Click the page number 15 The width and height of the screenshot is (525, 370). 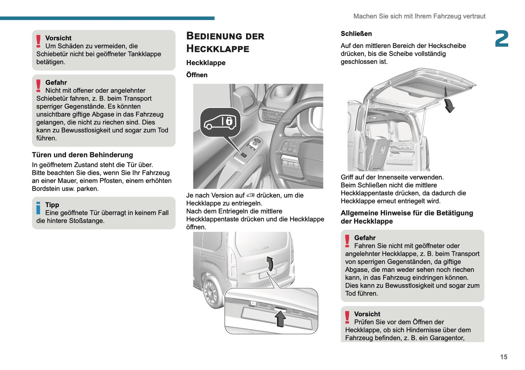pos(503,357)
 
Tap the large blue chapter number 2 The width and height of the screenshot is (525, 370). pos(501,39)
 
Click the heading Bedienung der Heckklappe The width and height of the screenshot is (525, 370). pos(225,42)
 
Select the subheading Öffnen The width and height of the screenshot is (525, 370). pos(197,75)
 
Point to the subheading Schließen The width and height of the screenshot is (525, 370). pos(356,34)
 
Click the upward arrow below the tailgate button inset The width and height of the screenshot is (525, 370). pos(280,319)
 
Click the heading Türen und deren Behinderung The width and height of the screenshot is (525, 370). pos(82,155)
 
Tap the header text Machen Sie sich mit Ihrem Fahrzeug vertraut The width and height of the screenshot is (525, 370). pos(419,16)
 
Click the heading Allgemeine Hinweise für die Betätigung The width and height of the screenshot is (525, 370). pos(407,213)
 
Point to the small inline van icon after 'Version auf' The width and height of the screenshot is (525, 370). pos(250,196)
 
